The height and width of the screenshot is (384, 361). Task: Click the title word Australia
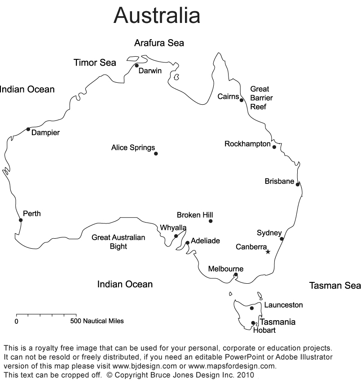[157, 15]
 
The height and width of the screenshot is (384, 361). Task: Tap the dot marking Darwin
[137, 66]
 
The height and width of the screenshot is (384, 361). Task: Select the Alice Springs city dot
[156, 154]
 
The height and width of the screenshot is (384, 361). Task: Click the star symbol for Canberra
[268, 252]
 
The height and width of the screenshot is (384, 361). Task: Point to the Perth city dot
[21, 220]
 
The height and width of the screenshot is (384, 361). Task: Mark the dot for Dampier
[28, 129]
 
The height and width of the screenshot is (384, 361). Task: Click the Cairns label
[228, 97]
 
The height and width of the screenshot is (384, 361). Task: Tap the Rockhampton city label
[247, 144]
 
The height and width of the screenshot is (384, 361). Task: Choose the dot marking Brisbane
[298, 184]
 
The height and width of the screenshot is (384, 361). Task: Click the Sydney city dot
[282, 239]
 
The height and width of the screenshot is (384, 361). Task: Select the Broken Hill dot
[211, 221]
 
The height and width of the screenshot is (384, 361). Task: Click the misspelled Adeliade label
[205, 241]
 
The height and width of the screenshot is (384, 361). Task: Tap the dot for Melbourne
[236, 275]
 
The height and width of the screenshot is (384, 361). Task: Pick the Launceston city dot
[252, 308]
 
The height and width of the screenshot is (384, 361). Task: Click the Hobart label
[264, 330]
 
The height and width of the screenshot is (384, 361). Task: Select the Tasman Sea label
[335, 286]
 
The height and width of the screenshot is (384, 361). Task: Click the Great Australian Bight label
[119, 242]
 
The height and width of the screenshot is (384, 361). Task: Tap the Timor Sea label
[95, 63]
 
